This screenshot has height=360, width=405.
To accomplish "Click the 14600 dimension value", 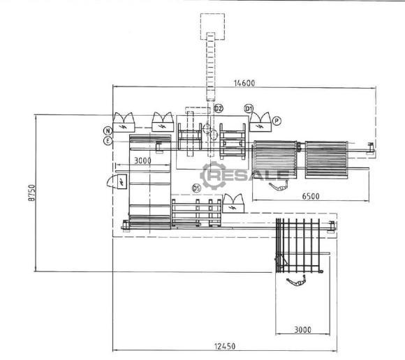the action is tap(244, 83).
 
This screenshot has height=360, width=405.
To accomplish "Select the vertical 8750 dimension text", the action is tap(31, 193).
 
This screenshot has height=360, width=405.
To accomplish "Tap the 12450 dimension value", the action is tap(225, 346).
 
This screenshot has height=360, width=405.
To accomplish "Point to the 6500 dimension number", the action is tap(311, 196).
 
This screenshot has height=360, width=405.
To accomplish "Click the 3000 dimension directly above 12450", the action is tap(302, 329).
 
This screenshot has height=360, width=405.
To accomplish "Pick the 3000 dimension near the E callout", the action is tap(143, 160).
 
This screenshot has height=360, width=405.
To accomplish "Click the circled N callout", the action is tap(108, 131).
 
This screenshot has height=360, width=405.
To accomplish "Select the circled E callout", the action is tap(108, 141).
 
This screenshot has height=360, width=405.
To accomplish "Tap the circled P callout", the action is tap(277, 121).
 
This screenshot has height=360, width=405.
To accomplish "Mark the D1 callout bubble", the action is tap(249, 109).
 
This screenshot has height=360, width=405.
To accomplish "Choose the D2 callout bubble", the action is tap(219, 108).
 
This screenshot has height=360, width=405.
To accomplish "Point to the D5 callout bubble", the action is tap(196, 188).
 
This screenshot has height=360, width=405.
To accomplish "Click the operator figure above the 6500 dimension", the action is tap(279, 186).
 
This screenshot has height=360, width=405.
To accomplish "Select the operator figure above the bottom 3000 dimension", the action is tap(297, 280).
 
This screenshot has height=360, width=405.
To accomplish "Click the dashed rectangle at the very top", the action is tap(212, 27).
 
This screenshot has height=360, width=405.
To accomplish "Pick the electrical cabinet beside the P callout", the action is tap(260, 122).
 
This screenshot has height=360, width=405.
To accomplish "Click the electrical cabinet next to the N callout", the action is tap(124, 122).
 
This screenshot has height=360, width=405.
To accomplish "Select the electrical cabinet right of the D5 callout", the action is tap(233, 204).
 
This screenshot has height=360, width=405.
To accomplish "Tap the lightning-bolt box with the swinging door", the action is tap(117, 181).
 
